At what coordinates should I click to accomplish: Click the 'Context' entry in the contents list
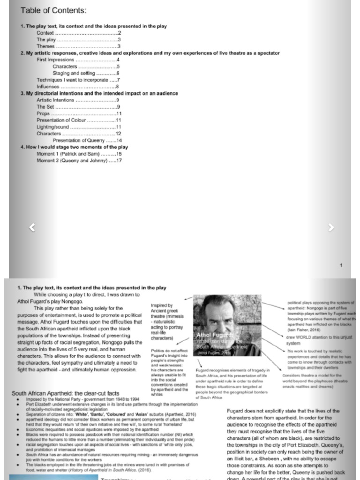pyautogui.click(x=45, y=33)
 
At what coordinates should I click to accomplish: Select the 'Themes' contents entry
pyautogui.click(x=45, y=46)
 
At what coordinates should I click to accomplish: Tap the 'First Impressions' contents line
pyautogui.click(x=55, y=60)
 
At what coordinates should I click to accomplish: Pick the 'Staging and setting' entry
pyautogui.click(x=74, y=73)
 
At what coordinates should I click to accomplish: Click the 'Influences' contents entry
pyautogui.click(x=48, y=87)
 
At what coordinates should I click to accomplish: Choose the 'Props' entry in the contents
pyautogui.click(x=44, y=113)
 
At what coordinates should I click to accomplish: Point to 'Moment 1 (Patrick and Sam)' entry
pyautogui.click(x=68, y=154)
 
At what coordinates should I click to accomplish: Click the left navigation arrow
pyautogui.click(x=32, y=228)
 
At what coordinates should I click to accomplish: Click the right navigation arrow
pyautogui.click(x=331, y=228)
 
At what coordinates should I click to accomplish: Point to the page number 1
pyautogui.click(x=341, y=266)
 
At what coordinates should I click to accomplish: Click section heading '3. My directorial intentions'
pyautogui.click(x=99, y=93)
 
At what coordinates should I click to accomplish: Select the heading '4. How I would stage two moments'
pyautogui.click(x=74, y=147)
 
